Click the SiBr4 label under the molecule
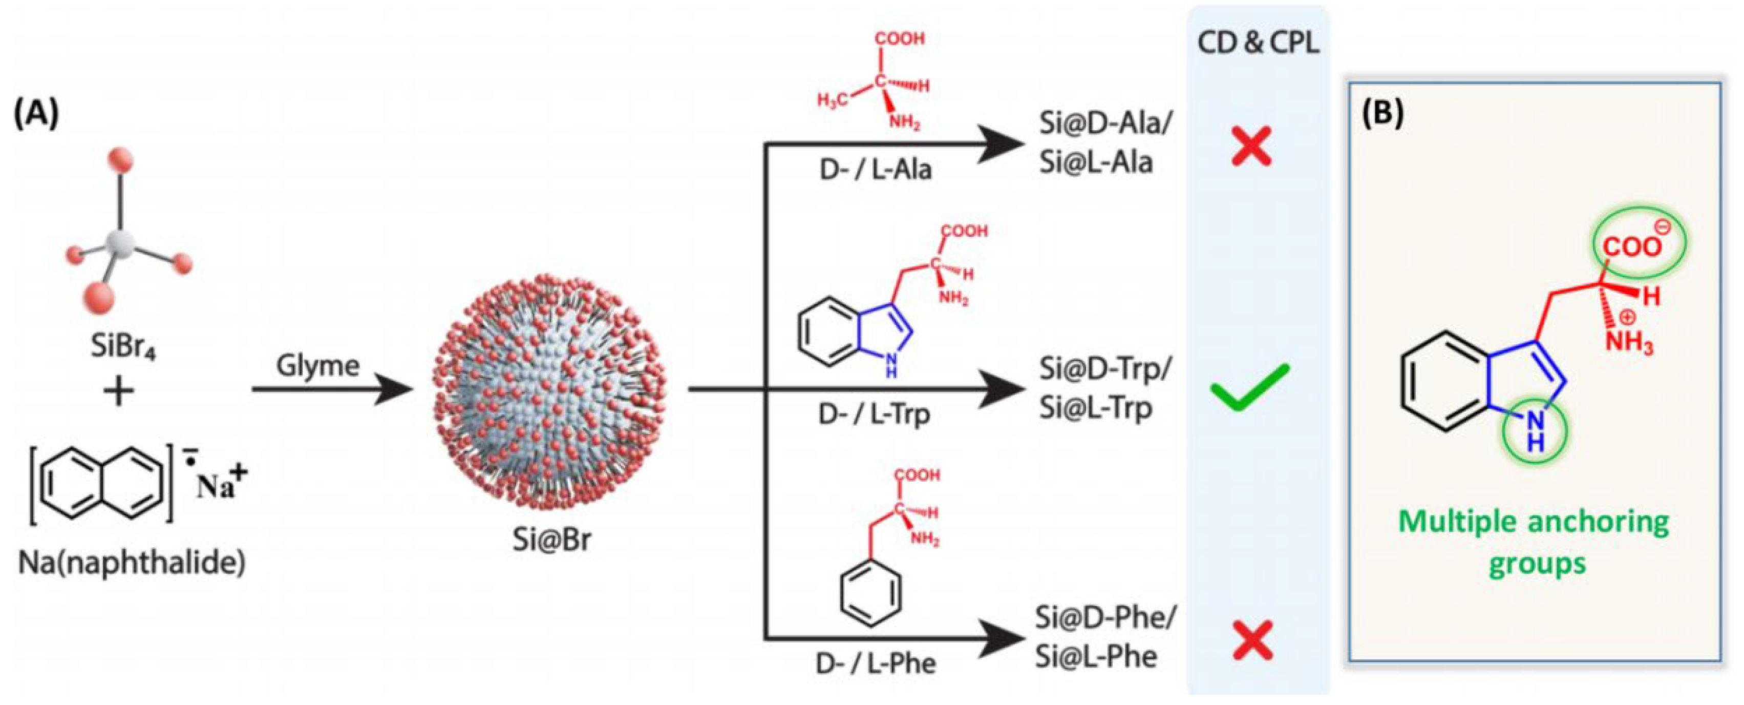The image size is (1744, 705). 123,348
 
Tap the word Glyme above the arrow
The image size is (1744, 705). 317,366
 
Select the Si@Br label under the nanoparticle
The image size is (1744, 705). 551,540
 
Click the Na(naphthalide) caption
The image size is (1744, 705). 132,562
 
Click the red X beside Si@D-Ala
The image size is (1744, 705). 1251,147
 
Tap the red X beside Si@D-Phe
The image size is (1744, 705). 1252,640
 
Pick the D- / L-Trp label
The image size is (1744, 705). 874,414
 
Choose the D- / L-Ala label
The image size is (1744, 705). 876,169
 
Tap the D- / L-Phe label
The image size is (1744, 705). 876,663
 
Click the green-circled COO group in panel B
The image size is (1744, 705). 1641,245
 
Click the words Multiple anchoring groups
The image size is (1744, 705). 1534,542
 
